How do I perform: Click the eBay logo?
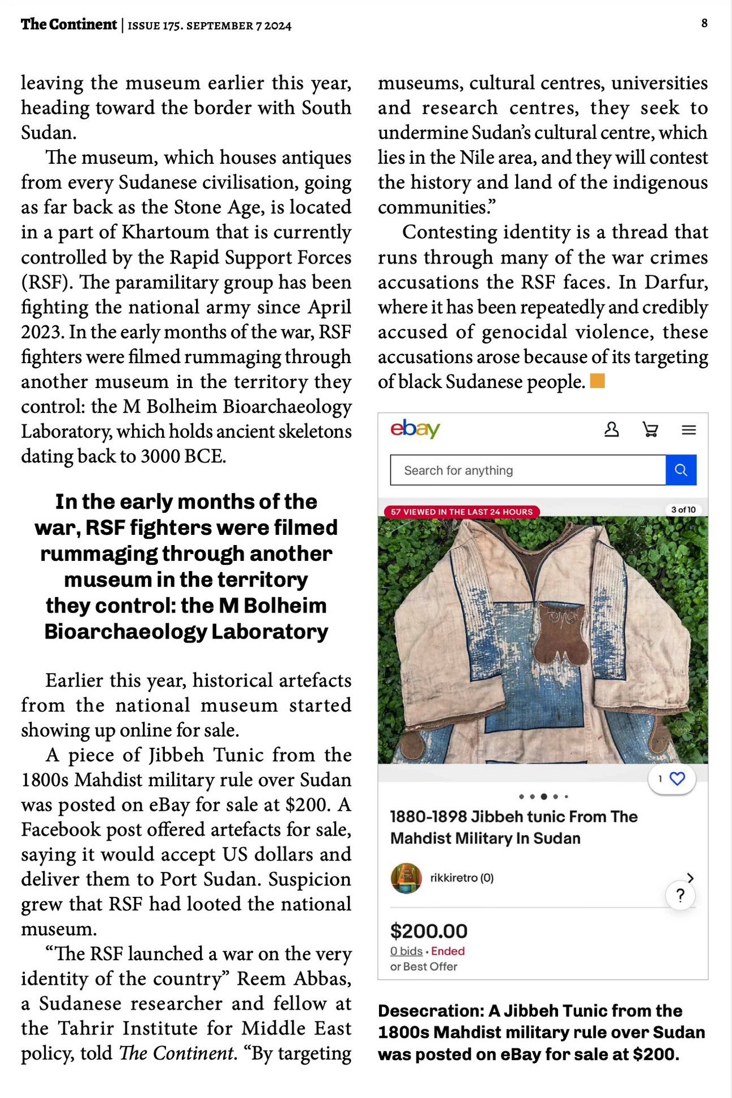pyautogui.click(x=415, y=429)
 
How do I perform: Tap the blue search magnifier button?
pyautogui.click(x=680, y=470)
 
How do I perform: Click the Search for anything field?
pyautogui.click(x=527, y=470)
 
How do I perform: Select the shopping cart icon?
pyautogui.click(x=650, y=429)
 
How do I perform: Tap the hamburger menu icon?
pyautogui.click(x=688, y=430)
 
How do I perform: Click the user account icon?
pyautogui.click(x=611, y=429)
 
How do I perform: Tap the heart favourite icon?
pyautogui.click(x=677, y=778)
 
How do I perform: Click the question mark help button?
pyautogui.click(x=680, y=895)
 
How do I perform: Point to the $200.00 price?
pyautogui.click(x=428, y=931)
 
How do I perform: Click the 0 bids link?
pyautogui.click(x=406, y=951)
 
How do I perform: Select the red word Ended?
pyautogui.click(x=448, y=951)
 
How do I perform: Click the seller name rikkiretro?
pyautogui.click(x=454, y=878)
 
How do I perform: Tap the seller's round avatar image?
pyautogui.click(x=406, y=878)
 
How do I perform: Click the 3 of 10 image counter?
pyautogui.click(x=683, y=510)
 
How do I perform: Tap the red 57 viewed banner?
pyautogui.click(x=461, y=512)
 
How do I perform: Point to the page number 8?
pyautogui.click(x=704, y=23)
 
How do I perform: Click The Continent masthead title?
pyautogui.click(x=69, y=24)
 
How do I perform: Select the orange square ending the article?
pyautogui.click(x=597, y=381)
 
